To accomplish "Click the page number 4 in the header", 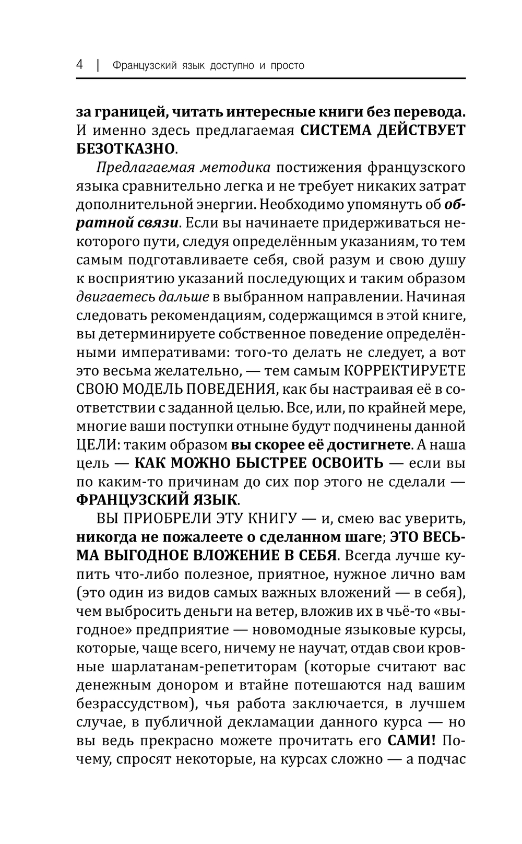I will point(80,65).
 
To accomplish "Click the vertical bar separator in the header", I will point(97,65).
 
